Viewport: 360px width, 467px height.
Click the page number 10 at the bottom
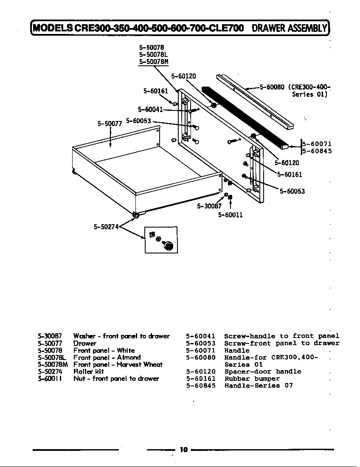[183, 450]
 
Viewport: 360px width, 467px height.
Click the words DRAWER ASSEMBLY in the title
[289, 28]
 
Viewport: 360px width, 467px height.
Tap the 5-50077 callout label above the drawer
[110, 124]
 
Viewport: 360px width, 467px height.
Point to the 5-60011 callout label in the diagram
[230, 215]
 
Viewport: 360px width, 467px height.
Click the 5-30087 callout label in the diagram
[209, 206]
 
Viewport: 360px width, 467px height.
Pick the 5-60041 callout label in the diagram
[150, 109]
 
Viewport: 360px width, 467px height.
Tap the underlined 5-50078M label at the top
[153, 62]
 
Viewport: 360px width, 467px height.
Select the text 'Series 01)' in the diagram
[309, 94]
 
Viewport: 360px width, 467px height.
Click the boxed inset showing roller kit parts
[161, 240]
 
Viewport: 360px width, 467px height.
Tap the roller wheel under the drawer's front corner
[136, 216]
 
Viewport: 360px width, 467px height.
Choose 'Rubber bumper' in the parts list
[252, 379]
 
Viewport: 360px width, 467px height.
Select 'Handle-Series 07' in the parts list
[258, 385]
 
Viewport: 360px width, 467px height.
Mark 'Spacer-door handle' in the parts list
[262, 371]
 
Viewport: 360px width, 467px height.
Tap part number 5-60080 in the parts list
[201, 357]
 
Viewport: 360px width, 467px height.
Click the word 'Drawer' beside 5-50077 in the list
[84, 343]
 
